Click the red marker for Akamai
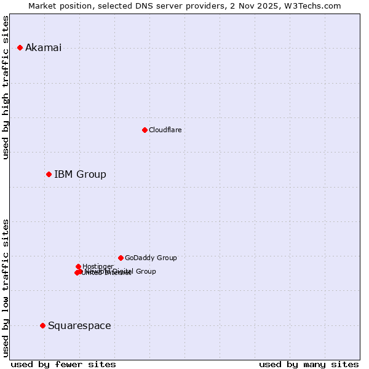20,47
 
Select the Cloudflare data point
145,130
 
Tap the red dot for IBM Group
49,174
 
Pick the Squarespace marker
42,325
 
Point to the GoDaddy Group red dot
121,258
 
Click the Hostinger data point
78,266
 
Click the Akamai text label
43,48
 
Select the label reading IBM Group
80,175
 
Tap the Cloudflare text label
165,130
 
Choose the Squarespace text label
79,326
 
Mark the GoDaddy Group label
151,258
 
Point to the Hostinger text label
98,266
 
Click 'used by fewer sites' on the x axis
63,365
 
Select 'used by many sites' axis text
309,365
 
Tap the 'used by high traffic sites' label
6,87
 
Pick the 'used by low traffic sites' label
6,287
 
